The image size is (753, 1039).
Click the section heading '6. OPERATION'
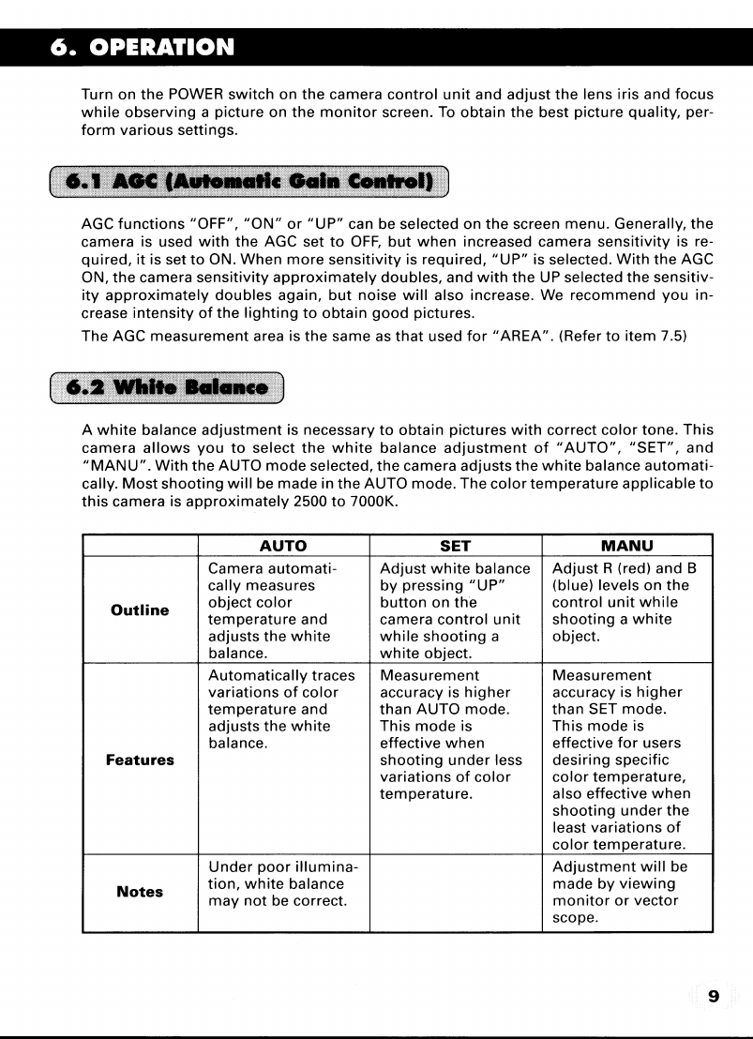click(143, 47)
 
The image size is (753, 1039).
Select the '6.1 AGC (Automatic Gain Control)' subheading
click(248, 180)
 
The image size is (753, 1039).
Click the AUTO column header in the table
click(282, 546)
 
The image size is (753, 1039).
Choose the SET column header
click(455, 546)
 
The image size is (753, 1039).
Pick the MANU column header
click(627, 546)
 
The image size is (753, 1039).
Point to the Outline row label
click(140, 610)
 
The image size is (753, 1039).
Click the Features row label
click(140, 760)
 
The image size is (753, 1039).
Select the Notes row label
click(140, 892)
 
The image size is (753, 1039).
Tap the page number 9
click(714, 996)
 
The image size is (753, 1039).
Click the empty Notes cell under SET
click(456, 893)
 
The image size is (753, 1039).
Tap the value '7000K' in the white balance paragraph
click(378, 502)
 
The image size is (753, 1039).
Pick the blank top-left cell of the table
click(140, 546)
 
